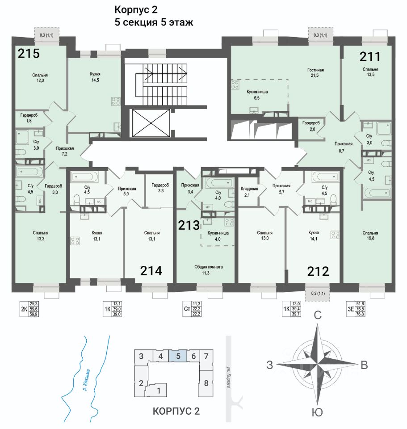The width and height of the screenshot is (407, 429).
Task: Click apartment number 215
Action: (x=29, y=54)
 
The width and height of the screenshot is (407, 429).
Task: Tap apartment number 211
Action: (x=370, y=57)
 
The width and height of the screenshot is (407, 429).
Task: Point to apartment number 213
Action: (x=189, y=225)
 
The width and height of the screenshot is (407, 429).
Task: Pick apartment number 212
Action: (x=318, y=271)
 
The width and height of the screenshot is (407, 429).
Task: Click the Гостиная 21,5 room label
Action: (x=315, y=73)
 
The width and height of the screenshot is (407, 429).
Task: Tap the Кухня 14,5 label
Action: (x=95, y=76)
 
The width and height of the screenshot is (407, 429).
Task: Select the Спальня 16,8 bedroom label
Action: (x=370, y=236)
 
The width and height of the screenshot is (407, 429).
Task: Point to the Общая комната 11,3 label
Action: (x=208, y=269)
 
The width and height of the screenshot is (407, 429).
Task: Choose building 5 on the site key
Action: (x=178, y=356)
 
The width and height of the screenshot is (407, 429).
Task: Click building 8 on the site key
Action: (x=206, y=383)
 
